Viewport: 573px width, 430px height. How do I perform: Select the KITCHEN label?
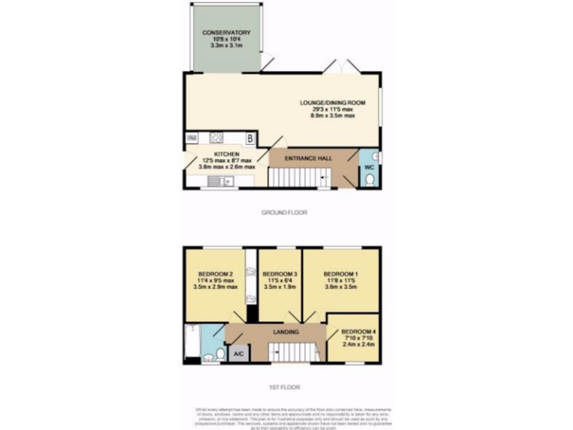[x=226, y=155]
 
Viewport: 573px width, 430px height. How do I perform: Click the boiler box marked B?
[x=251, y=138]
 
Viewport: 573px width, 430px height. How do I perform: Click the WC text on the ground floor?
[x=369, y=168]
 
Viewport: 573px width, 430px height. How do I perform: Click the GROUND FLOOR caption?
[x=284, y=213]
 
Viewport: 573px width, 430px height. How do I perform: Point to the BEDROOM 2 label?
[x=216, y=273]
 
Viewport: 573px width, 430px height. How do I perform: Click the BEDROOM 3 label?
[x=280, y=273]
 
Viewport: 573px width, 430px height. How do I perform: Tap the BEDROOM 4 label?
[x=358, y=331]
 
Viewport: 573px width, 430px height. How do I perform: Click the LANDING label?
[x=286, y=331]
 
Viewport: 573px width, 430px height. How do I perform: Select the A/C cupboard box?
[x=238, y=353]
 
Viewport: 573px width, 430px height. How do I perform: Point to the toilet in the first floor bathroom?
[x=221, y=353]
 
